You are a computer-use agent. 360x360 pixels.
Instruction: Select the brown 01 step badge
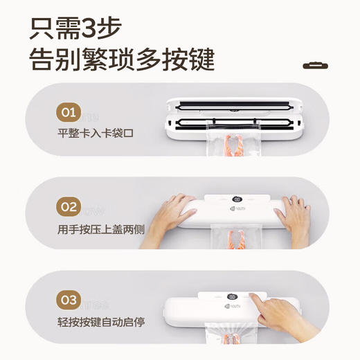(x=68, y=113)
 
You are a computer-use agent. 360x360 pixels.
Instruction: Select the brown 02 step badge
(x=68, y=207)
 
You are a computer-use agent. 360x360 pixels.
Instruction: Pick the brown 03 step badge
(x=68, y=300)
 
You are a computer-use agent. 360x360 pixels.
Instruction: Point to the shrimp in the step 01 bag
(x=234, y=148)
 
